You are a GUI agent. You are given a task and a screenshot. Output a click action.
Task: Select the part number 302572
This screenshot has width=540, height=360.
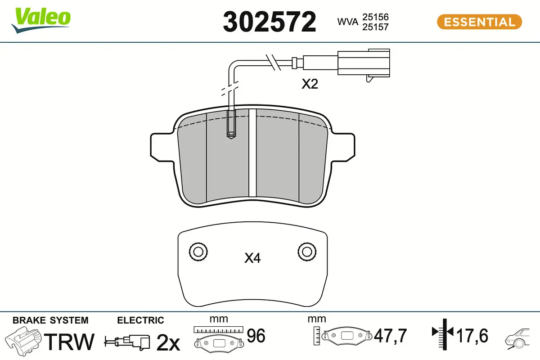[x=270, y=22]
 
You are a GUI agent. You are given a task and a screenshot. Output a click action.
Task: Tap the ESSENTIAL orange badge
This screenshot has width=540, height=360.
[x=479, y=22]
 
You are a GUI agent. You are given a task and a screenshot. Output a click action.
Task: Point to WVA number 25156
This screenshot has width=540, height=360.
[x=375, y=17]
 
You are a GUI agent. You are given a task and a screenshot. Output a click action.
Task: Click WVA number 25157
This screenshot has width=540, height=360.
[x=375, y=27]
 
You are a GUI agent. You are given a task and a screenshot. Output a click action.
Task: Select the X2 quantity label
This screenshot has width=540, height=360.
[x=310, y=84]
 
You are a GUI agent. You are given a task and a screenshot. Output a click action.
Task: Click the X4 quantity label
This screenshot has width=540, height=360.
[x=252, y=258]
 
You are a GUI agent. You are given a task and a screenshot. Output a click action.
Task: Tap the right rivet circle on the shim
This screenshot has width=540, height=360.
[x=306, y=251]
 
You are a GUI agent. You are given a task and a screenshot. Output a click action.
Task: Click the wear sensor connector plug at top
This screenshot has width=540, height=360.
[x=364, y=63]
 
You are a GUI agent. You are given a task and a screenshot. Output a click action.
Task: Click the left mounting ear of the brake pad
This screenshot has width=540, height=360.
[x=161, y=146]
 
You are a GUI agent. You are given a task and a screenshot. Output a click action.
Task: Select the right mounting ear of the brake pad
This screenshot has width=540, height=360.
[x=344, y=146]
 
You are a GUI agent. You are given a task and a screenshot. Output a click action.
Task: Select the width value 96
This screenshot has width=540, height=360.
[x=256, y=336]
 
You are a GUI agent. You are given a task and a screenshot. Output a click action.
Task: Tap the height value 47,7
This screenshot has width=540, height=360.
[x=390, y=336]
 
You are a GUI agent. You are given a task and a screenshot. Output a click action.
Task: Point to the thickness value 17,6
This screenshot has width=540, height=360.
[x=472, y=336]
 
